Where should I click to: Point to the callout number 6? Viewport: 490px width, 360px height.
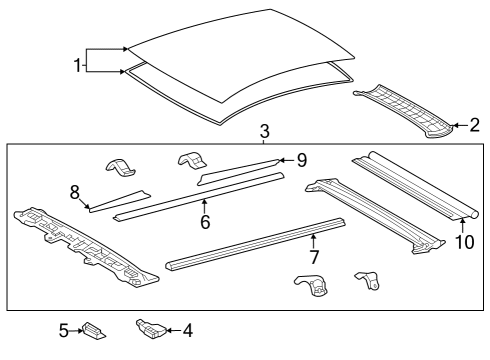[205, 222]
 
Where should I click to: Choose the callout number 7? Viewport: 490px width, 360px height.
[313, 258]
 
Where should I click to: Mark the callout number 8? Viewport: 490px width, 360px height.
[74, 191]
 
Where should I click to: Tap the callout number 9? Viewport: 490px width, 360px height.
[301, 158]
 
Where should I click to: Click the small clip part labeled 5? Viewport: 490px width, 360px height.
[94, 328]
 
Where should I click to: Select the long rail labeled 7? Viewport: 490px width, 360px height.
[255, 244]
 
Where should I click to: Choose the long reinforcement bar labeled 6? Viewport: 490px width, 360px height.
[200, 195]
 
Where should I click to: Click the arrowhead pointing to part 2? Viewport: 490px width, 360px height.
[456, 125]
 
